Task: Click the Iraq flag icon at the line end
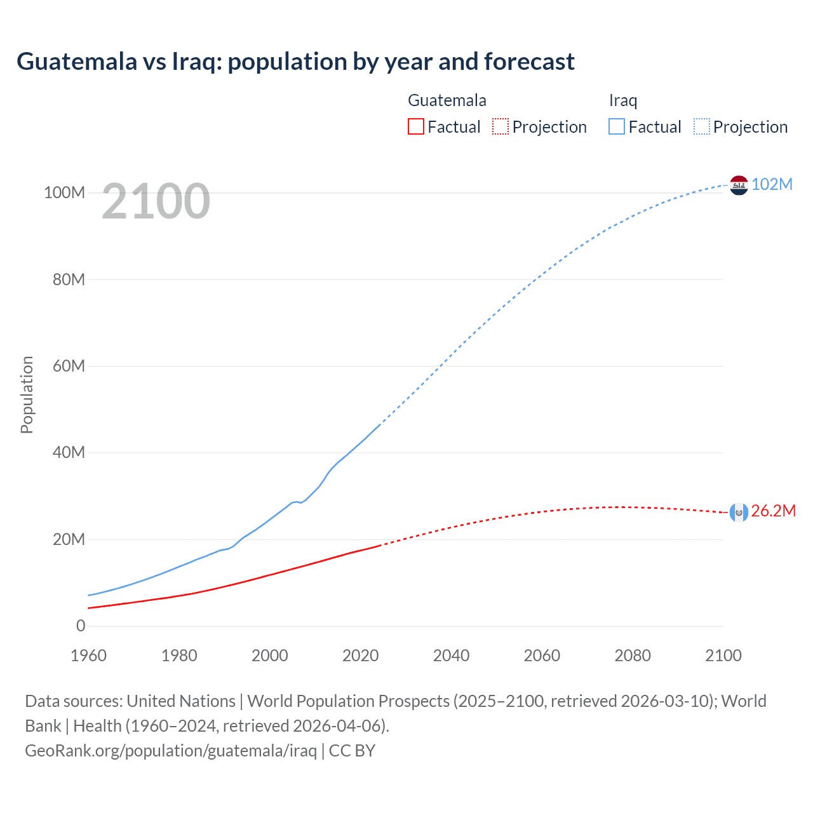pyautogui.click(x=739, y=185)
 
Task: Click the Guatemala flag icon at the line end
pyautogui.click(x=739, y=512)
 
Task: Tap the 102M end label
pyautogui.click(x=772, y=184)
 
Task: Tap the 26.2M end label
pyautogui.click(x=773, y=511)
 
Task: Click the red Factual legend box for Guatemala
pyautogui.click(x=415, y=126)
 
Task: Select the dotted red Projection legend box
pyautogui.click(x=501, y=126)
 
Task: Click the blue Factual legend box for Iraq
pyautogui.click(x=617, y=126)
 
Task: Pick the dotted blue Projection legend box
pyautogui.click(x=702, y=126)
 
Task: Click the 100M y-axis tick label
pyautogui.click(x=64, y=192)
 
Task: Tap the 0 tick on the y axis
pyautogui.click(x=81, y=626)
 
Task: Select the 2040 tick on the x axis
pyautogui.click(x=451, y=655)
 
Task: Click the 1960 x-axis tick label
pyautogui.click(x=88, y=655)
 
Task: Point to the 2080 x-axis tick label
pyautogui.click(x=633, y=655)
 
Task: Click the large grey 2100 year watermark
pyautogui.click(x=156, y=201)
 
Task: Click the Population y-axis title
pyautogui.click(x=27, y=394)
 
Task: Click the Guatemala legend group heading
pyautogui.click(x=447, y=100)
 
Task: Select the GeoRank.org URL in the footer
pyautogui.click(x=171, y=751)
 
